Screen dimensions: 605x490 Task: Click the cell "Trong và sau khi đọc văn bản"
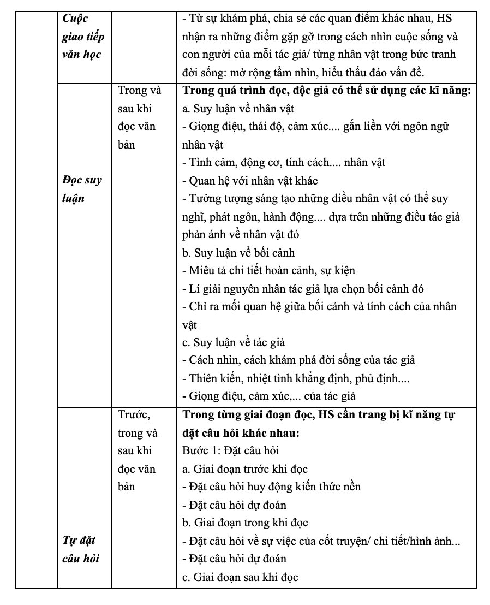point(137,118)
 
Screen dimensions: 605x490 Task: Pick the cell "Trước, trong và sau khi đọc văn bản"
point(137,450)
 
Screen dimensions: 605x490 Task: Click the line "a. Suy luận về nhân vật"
point(238,109)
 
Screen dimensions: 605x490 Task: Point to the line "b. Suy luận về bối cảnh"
point(238,253)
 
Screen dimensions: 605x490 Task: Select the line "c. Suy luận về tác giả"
point(234,343)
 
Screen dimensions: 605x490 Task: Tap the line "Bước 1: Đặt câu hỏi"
point(231,451)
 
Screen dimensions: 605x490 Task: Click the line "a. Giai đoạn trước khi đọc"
point(245,469)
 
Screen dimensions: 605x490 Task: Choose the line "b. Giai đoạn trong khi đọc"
point(246,523)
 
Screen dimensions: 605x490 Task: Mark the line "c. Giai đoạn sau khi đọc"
point(240,577)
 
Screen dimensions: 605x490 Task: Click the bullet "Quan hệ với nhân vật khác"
point(250,181)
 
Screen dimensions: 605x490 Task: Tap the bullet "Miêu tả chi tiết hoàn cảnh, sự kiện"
point(269,271)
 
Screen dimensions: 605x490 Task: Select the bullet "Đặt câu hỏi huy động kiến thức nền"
point(271,487)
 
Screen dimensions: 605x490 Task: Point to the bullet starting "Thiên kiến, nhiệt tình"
point(295,378)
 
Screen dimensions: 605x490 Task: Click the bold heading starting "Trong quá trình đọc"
point(326,91)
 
